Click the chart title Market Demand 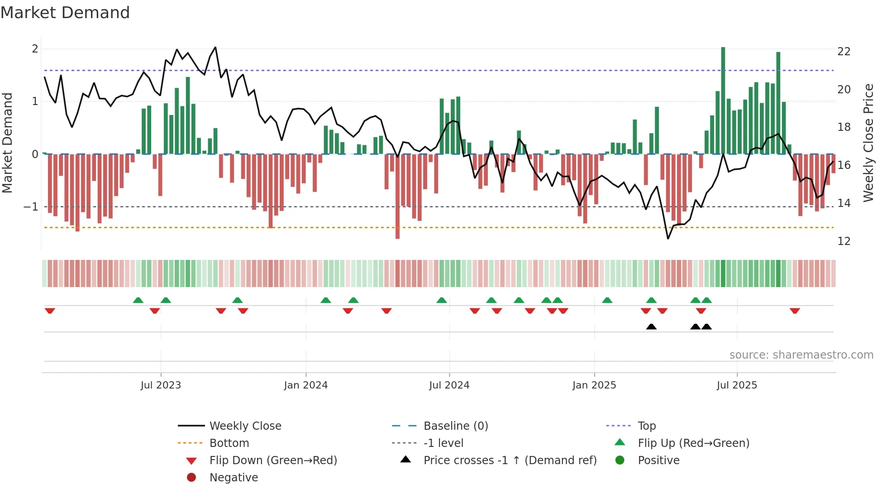click(65, 13)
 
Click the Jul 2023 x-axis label click(161, 385)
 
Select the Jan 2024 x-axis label click(305, 385)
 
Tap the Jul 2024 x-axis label click(449, 385)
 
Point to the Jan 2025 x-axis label click(594, 385)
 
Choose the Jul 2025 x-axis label click(737, 385)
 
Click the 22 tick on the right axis click(844, 52)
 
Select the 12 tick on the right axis click(844, 241)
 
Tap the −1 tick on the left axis click(31, 207)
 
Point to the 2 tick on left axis click(35, 49)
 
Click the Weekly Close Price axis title click(868, 143)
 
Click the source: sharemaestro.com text click(801, 355)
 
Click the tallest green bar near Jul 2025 click(723, 100)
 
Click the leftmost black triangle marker click(651, 327)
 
